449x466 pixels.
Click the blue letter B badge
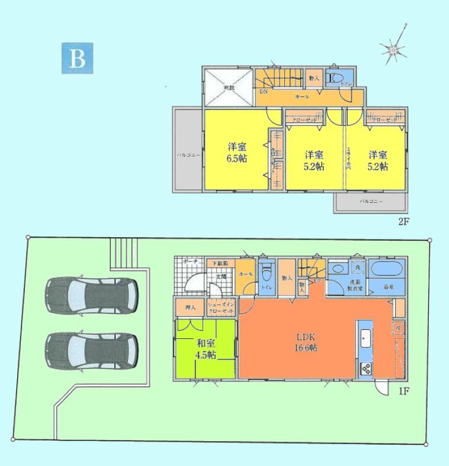click(x=77, y=58)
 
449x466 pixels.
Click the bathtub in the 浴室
click(x=386, y=271)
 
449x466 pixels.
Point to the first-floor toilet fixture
click(x=266, y=274)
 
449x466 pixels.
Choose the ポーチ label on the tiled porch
click(x=190, y=261)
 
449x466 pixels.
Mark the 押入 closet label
click(x=190, y=308)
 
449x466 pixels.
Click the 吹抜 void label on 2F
click(x=229, y=88)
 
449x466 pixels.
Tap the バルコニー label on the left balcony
click(x=187, y=156)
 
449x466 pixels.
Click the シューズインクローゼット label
click(x=222, y=308)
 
